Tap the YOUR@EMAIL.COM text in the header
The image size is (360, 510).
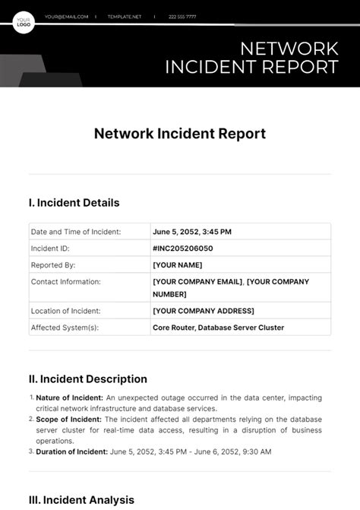coord(66,16)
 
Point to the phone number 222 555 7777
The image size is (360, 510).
coord(183,16)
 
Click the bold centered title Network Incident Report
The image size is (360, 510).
coord(180,134)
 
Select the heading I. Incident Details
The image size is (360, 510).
coord(74,203)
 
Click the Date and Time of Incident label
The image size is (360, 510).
coord(76,232)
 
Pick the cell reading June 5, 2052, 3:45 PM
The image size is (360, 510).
coord(192,232)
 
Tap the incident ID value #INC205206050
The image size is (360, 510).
coord(182,249)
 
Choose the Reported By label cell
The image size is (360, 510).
coord(52,265)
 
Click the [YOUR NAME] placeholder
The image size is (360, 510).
coord(178,265)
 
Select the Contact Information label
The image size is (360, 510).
coord(66,282)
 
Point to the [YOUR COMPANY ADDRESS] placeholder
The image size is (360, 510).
coord(204,310)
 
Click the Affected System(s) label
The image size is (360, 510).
coord(65,328)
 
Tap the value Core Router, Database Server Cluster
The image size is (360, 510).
coord(218,328)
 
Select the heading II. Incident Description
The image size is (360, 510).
coord(87,379)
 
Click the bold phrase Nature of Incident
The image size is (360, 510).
coord(69,398)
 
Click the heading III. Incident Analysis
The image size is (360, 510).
coord(81,500)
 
